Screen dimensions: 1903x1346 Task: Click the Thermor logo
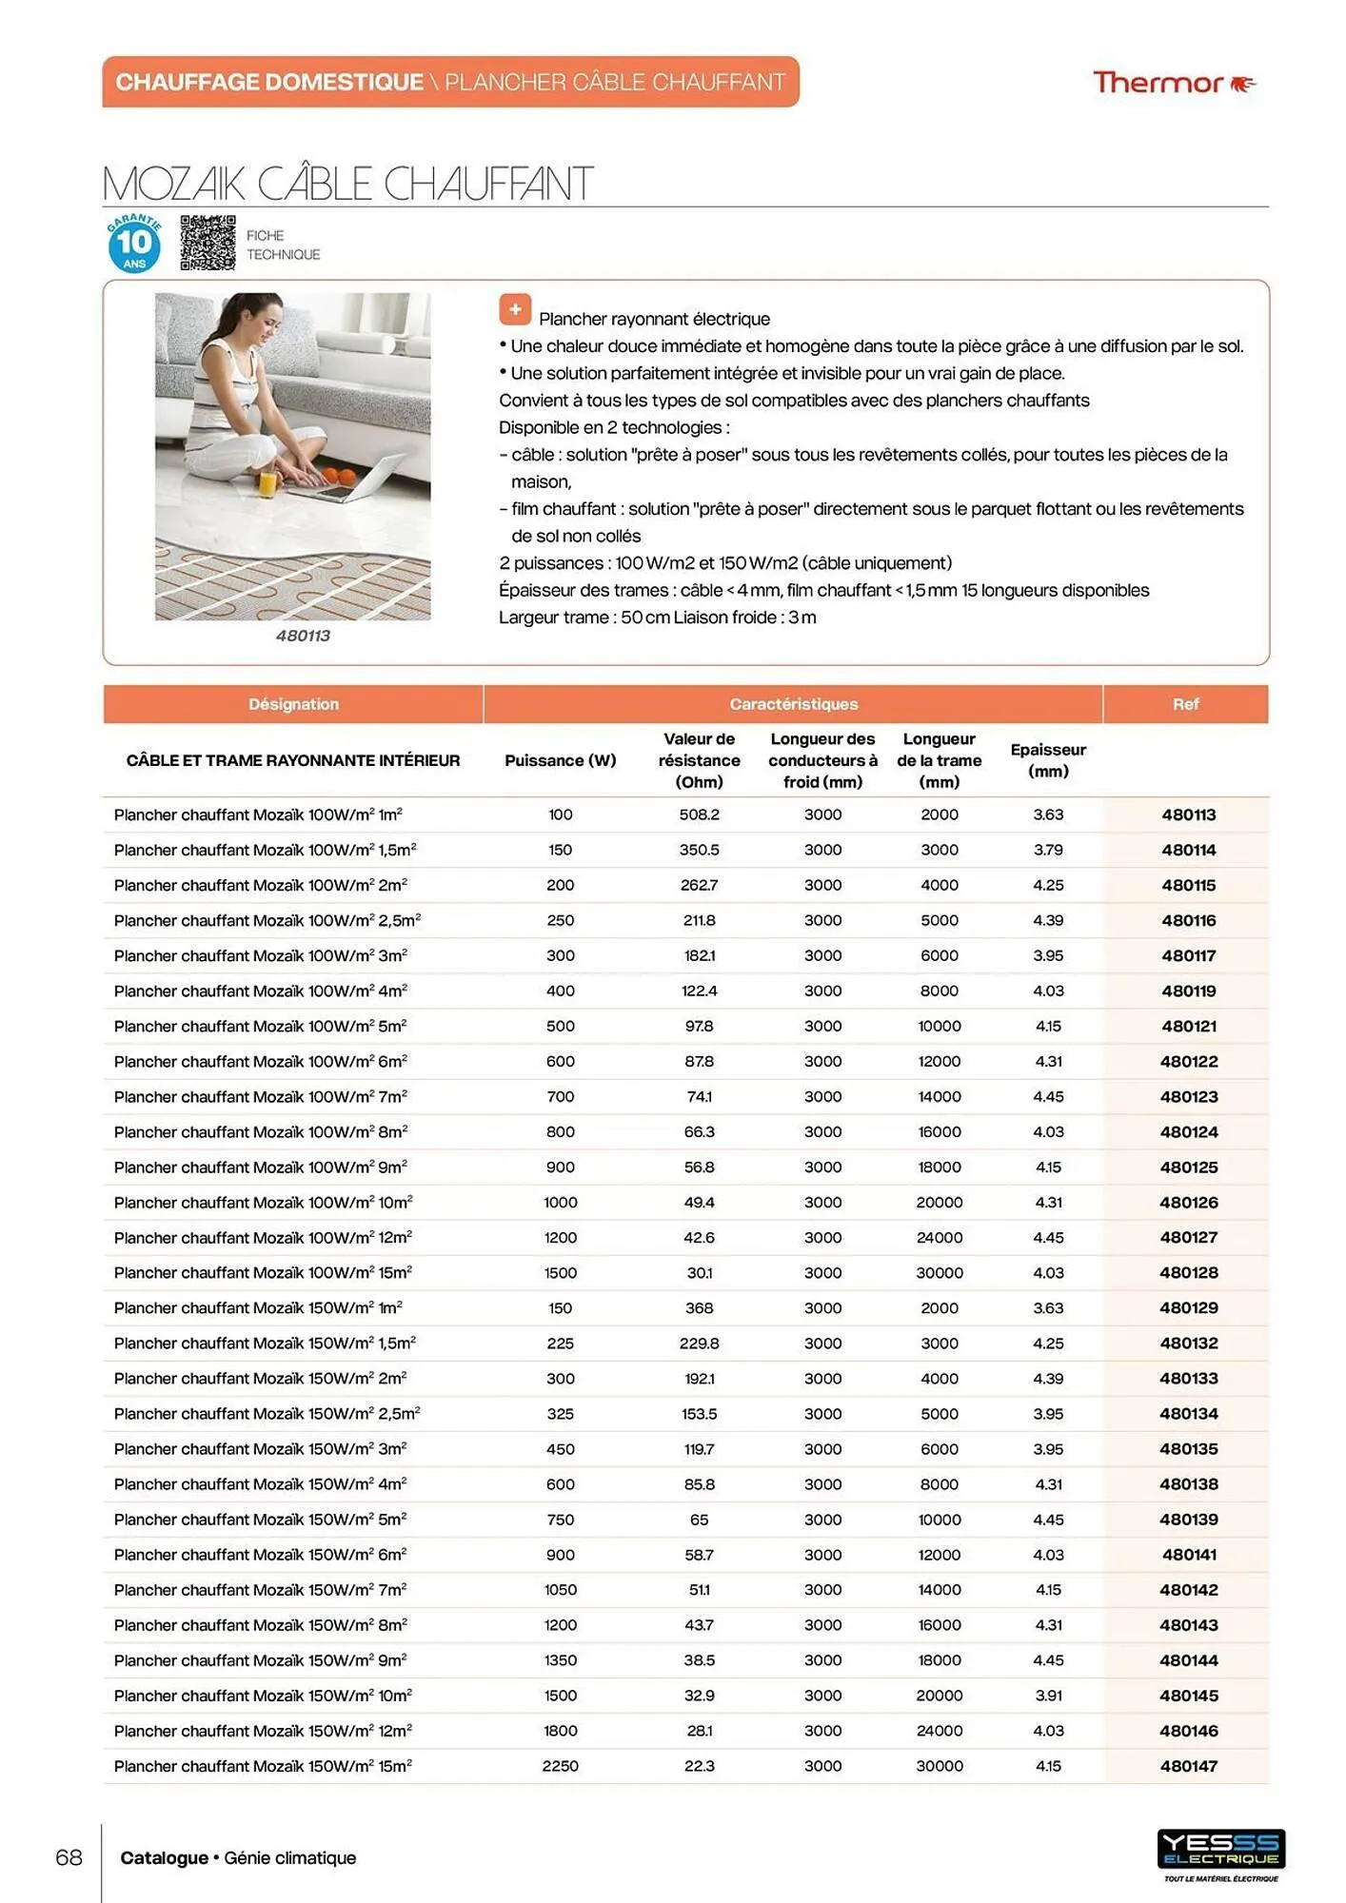[x=1173, y=84]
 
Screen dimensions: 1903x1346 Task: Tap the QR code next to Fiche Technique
[x=208, y=243]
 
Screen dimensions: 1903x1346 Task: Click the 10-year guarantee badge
[x=134, y=244]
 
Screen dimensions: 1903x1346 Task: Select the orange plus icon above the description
[x=515, y=309]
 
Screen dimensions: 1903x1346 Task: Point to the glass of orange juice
[x=268, y=481]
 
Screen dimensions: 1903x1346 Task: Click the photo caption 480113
[x=303, y=636]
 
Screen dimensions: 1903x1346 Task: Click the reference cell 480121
[x=1188, y=1026]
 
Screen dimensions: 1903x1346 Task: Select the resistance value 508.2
[x=699, y=814]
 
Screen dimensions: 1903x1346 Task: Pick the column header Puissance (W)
[x=560, y=760]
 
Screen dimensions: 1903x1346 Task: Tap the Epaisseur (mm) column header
[x=1048, y=760]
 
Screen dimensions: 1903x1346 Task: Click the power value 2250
[x=560, y=1766]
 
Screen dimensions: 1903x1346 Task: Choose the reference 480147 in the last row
[x=1188, y=1766]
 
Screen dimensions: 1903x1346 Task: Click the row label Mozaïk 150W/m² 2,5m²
[x=267, y=1414]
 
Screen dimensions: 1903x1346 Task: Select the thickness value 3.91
[x=1048, y=1696]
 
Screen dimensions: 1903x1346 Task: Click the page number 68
[x=69, y=1857]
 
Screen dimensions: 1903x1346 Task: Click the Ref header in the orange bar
[x=1185, y=704]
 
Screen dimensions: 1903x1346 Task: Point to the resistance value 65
[x=699, y=1520]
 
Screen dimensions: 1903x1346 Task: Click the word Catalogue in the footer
[x=164, y=1857]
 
